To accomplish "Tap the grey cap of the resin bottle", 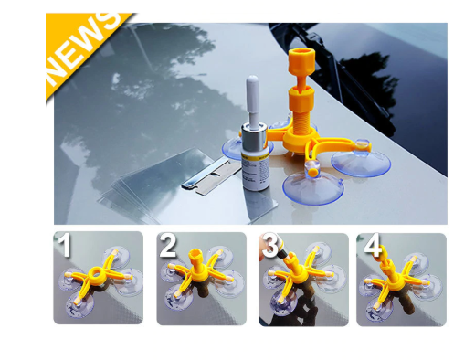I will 253,95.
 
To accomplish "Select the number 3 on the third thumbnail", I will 270,246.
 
